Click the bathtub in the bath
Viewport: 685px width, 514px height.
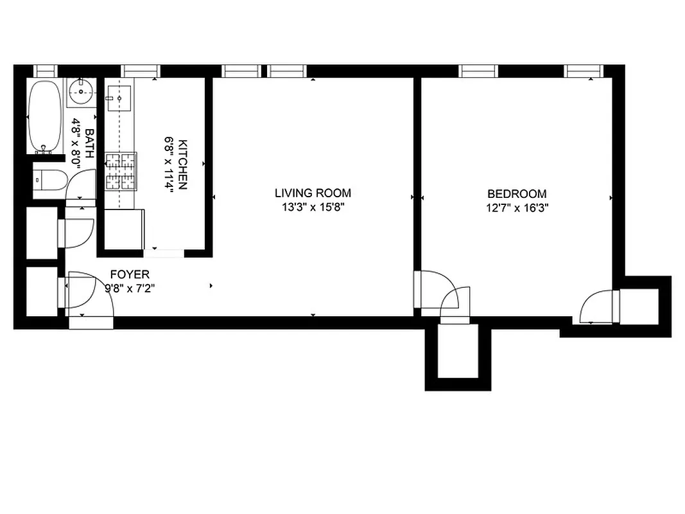[x=44, y=116]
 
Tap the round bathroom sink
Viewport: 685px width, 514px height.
[x=81, y=93]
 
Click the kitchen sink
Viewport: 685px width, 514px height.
[x=119, y=98]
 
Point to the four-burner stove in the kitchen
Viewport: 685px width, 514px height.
[x=121, y=172]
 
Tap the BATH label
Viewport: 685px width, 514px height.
[x=89, y=143]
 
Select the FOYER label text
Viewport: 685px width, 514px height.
[x=129, y=274]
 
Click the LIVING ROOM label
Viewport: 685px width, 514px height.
[x=313, y=193]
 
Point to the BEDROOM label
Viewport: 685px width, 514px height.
[x=517, y=193]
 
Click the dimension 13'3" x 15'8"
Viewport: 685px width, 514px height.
[x=313, y=208]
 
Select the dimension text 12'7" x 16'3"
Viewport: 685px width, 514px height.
[x=517, y=208]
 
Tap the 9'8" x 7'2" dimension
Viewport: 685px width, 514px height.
[x=129, y=288]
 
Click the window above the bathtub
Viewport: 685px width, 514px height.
[x=46, y=71]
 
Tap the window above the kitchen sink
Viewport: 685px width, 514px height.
[x=140, y=71]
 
